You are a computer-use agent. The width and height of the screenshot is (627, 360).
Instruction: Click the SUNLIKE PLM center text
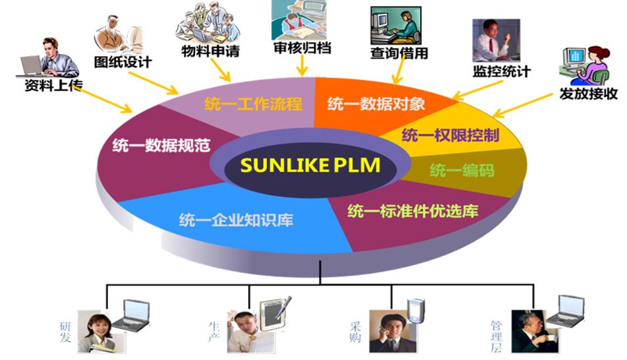point(310,165)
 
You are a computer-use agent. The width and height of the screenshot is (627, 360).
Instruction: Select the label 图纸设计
point(123,62)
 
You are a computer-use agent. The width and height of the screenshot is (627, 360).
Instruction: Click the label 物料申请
point(210,51)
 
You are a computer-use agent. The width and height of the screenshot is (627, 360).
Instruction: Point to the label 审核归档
point(302,47)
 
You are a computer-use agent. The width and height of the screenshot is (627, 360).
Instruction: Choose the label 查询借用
point(399,53)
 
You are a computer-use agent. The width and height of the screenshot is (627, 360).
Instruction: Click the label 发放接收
point(588,93)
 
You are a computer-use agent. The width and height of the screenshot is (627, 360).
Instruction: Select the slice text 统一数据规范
point(152,144)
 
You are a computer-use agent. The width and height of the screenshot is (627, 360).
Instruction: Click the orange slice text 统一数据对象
point(376,104)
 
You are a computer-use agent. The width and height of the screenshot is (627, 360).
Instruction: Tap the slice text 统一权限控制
point(450,136)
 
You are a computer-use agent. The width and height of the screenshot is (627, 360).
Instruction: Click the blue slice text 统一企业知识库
point(236,220)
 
